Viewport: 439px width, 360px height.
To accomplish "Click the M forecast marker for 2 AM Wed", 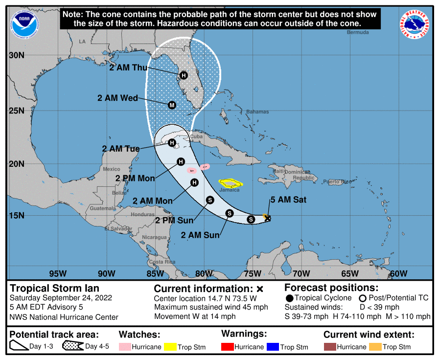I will (172, 105).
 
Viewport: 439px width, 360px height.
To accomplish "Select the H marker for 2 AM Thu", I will (184, 75).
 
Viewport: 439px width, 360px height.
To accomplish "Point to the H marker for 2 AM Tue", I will (172, 143).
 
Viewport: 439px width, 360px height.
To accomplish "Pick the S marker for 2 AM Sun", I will (229, 213).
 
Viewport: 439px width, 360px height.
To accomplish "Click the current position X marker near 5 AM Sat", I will (267, 218).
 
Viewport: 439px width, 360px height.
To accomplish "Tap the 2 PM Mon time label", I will (135, 178).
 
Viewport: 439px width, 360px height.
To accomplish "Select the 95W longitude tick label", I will (57, 273).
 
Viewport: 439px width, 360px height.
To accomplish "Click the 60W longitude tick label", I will (399, 273).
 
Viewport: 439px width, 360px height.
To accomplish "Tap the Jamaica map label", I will (229, 190).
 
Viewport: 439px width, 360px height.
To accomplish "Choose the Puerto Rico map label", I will (337, 182).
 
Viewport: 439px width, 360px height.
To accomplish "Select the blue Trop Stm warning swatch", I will (273, 347).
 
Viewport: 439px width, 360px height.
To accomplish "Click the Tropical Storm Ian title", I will (54, 289).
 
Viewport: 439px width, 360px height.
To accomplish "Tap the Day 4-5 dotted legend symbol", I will (72, 347).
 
